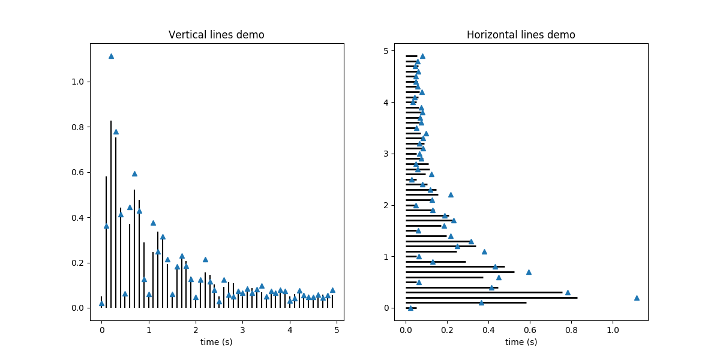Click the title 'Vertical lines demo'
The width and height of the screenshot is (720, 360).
tap(217, 35)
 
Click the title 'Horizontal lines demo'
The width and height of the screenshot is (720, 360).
tap(521, 35)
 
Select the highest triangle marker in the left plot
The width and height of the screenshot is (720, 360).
tap(111, 56)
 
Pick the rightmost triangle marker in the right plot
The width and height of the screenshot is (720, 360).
tap(637, 298)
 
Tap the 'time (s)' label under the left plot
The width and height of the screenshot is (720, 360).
tap(217, 342)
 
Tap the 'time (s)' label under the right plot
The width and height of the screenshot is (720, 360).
tap(521, 342)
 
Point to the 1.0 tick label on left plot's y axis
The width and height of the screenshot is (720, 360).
tap(77, 82)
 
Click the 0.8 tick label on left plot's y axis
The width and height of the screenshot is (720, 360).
tap(77, 127)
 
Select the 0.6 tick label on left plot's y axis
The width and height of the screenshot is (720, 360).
tap(77, 172)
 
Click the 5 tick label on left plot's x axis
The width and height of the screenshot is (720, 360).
tap(337, 329)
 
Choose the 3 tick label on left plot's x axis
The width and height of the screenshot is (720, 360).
tap(242, 329)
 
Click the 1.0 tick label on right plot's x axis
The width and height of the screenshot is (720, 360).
tap(613, 329)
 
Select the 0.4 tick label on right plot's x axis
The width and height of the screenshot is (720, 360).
tap(488, 329)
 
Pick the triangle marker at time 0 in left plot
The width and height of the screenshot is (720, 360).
tap(101, 304)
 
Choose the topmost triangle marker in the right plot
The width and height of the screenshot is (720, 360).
tap(422, 56)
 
